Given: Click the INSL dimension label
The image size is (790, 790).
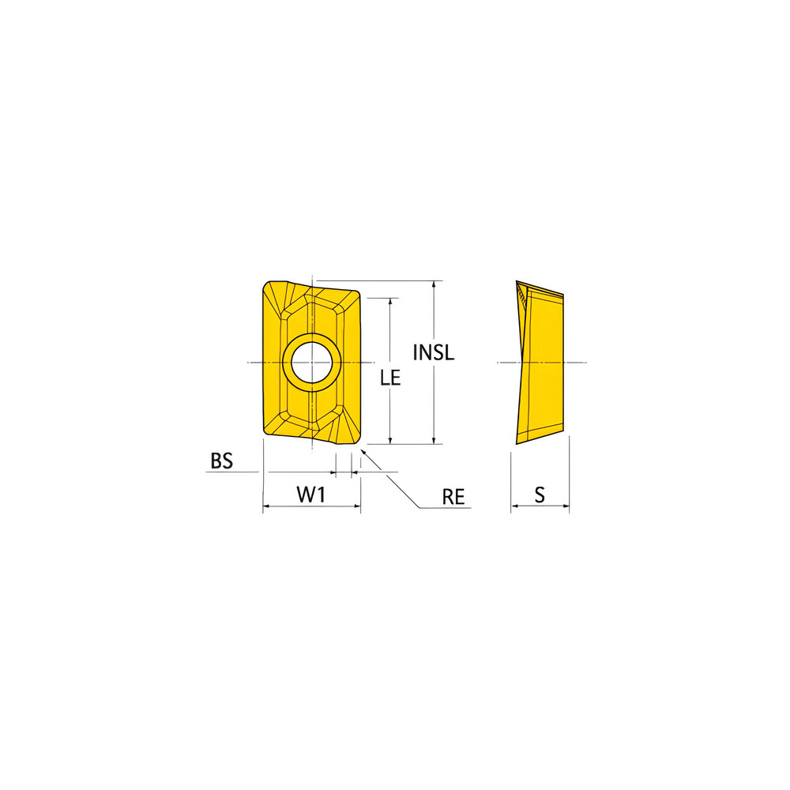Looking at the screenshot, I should click(x=434, y=352).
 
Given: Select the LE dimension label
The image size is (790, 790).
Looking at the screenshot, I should click(x=390, y=378).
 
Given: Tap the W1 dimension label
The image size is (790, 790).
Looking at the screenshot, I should click(x=311, y=495).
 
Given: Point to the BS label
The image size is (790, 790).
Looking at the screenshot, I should click(x=222, y=461).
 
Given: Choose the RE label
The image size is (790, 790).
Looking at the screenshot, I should click(x=453, y=496).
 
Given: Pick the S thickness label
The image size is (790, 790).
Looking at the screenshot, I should click(x=540, y=495).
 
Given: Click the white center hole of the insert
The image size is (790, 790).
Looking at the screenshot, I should click(x=312, y=363).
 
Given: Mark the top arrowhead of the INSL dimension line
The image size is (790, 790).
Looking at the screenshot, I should click(x=434, y=284).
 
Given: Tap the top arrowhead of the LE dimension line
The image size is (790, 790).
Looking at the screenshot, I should click(x=390, y=301).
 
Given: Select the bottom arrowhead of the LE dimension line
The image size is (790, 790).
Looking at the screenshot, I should click(x=390, y=441).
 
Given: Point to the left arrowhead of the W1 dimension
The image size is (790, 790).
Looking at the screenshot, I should click(x=266, y=506).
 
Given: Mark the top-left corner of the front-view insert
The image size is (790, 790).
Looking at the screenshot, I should click(x=266, y=283).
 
